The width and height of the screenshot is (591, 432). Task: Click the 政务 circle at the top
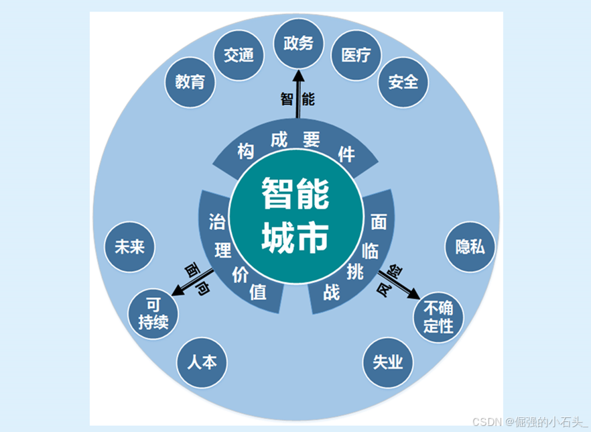tap(299, 44)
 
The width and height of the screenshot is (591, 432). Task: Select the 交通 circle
tap(239, 55)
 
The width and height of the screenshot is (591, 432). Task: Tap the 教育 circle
tap(190, 82)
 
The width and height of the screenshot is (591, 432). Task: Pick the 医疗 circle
tap(356, 55)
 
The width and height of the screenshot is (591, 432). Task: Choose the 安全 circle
tap(403, 82)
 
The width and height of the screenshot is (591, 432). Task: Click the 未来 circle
tap(130, 247)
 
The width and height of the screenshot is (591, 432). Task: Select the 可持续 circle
tap(153, 314)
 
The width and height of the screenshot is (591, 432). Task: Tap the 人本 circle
tap(202, 363)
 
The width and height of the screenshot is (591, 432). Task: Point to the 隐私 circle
tap(470, 247)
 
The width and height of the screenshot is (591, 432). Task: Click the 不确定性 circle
tap(438, 317)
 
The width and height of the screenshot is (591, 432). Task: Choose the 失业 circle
tap(388, 363)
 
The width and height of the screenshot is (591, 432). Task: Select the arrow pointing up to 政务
tap(298, 94)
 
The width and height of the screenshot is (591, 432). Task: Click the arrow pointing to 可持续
tap(192, 282)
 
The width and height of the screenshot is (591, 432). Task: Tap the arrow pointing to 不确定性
tap(399, 285)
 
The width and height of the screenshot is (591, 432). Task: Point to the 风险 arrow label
tap(390, 280)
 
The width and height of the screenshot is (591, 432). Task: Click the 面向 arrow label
tap(197, 278)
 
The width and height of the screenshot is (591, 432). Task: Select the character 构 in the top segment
tap(246, 152)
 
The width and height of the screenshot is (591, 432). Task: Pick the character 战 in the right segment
tap(332, 292)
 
